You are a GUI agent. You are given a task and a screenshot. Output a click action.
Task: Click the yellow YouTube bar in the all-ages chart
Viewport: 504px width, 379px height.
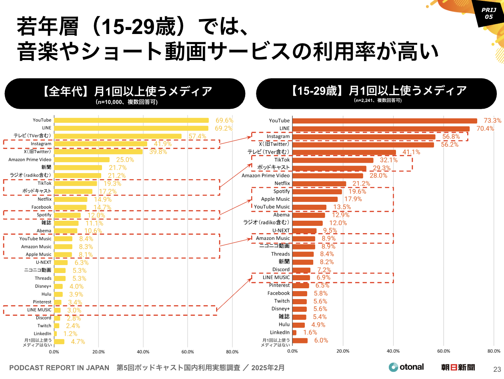pos(131,120)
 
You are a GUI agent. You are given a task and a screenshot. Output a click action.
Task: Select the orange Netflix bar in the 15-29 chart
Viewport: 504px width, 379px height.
pos(319,184)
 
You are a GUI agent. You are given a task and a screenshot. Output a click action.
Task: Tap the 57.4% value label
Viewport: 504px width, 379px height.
pos(197,136)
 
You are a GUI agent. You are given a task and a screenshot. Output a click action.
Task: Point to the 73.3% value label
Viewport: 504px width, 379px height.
pos(492,121)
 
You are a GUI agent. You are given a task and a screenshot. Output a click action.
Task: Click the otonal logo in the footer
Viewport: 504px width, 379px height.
pos(406,367)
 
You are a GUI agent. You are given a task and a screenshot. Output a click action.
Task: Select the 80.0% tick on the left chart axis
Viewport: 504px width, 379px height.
pos(232,352)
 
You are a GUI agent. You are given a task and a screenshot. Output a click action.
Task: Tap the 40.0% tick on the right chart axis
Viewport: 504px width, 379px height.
pos(393,351)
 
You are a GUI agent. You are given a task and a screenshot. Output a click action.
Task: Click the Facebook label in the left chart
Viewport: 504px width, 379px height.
pos(42,207)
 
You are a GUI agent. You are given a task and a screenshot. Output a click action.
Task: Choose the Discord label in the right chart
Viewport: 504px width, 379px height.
pos(281,269)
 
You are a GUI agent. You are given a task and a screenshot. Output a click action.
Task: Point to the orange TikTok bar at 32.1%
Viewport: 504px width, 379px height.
pos(333,160)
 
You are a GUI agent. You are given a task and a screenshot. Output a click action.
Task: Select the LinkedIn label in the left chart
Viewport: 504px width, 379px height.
pos(42,333)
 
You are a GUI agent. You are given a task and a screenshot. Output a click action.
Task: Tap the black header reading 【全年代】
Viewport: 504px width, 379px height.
pos(125,93)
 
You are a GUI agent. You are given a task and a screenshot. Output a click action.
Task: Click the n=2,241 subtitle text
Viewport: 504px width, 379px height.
pos(378,100)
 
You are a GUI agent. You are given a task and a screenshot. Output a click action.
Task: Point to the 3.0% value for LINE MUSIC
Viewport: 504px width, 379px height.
pos(74,310)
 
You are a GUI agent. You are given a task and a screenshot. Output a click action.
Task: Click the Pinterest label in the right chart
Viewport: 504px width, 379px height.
pos(279,285)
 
